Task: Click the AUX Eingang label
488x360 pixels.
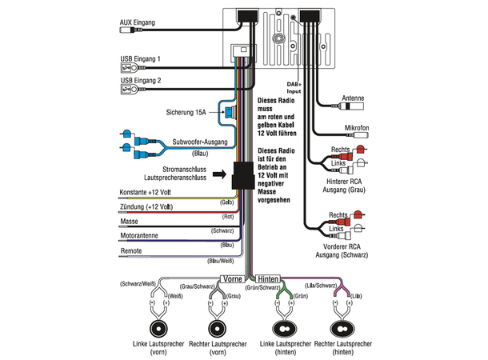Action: (138, 22)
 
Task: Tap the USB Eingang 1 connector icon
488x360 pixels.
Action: (129, 67)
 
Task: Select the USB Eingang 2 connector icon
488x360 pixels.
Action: (129, 90)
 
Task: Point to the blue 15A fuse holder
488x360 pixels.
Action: (230, 112)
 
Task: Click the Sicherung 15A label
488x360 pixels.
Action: (186, 112)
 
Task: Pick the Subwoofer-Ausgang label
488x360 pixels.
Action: (200, 142)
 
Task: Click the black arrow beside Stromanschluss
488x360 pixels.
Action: (220, 174)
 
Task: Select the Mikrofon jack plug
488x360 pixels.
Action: (358, 135)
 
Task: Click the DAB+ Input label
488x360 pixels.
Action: (294, 88)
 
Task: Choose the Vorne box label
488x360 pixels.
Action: (233, 278)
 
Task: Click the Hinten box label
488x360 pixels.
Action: (268, 278)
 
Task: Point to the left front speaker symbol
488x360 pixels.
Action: (158, 329)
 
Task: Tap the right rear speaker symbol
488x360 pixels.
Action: (342, 329)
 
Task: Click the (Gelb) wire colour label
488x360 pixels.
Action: (227, 202)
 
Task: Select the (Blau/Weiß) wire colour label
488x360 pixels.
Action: (220, 261)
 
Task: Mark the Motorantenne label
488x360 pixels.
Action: (139, 235)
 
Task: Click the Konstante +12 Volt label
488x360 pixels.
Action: (146, 192)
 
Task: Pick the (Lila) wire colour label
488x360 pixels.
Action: (356, 296)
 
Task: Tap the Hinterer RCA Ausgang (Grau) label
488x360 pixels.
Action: (344, 186)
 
